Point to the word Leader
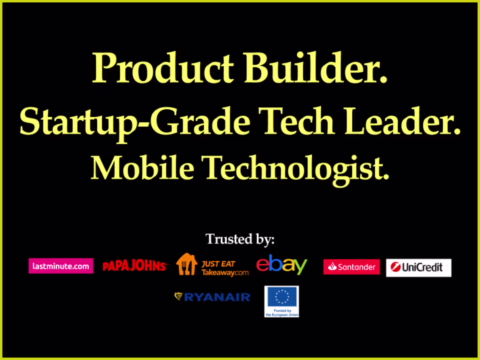click(403, 121)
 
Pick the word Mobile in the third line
click(142, 168)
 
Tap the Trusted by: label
click(240, 239)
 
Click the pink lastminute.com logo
click(61, 266)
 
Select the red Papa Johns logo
click(135, 266)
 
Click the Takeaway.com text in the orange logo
click(225, 273)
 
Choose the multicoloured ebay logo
click(282, 265)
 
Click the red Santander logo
click(352, 267)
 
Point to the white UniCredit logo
click(419, 268)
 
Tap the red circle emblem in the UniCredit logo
click(396, 267)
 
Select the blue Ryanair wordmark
click(217, 297)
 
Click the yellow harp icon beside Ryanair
click(179, 297)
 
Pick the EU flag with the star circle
click(282, 297)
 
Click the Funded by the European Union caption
click(282, 313)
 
